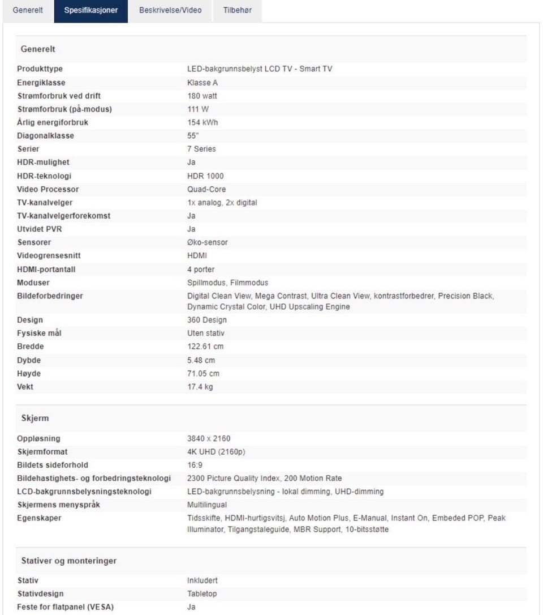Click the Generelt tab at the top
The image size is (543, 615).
[x=28, y=10]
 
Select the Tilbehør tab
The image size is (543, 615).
[x=237, y=10]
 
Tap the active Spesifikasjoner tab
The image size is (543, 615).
[x=91, y=10]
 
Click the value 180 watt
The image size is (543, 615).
[x=202, y=96]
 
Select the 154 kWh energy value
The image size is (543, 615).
[x=202, y=122]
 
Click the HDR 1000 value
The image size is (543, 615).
[x=205, y=176]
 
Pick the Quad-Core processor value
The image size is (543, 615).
[x=206, y=189]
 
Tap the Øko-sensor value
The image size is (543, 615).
[x=208, y=242]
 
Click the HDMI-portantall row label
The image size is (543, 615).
[x=46, y=270]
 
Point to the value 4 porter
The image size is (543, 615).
[x=201, y=270]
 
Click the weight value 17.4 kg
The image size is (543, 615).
[x=200, y=387]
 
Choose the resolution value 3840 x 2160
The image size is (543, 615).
[x=209, y=439]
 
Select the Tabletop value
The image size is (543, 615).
[x=202, y=594]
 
